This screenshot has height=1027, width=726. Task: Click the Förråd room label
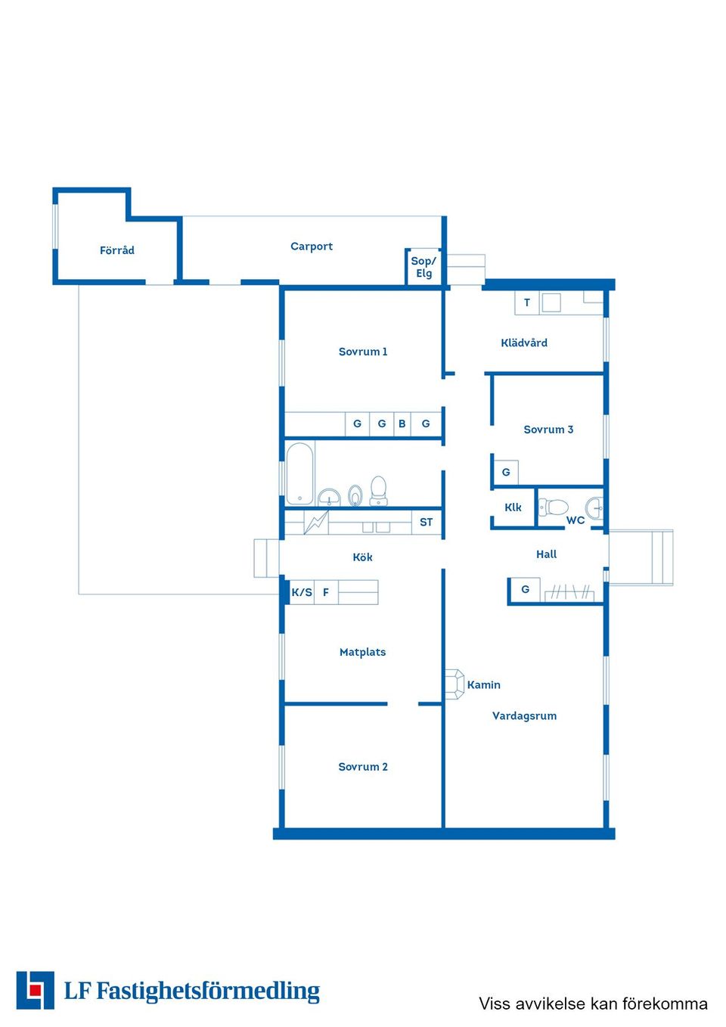[117, 250]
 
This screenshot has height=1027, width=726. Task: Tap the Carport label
[312, 247]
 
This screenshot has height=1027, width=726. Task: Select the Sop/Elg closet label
[423, 267]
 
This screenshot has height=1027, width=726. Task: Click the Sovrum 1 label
[362, 352]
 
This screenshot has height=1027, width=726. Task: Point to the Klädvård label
[524, 343]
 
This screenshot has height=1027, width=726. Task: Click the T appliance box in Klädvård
[527, 303]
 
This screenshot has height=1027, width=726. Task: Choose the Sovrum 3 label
[548, 430]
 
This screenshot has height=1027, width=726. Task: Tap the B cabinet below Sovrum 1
[402, 424]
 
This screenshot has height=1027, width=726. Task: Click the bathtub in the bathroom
[299, 473]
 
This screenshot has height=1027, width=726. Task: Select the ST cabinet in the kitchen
[427, 523]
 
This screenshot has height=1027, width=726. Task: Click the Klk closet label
[513, 507]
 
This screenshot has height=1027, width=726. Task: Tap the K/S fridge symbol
[302, 592]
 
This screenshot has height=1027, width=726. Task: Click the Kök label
[362, 557]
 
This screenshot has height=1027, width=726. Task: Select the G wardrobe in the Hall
[526, 589]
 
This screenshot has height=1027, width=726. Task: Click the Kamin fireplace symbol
[455, 684]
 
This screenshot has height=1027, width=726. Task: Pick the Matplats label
[362, 652]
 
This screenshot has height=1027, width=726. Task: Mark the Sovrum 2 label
[362, 767]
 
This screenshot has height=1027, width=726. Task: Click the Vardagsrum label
[524, 715]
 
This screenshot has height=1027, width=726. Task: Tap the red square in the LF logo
[34, 990]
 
